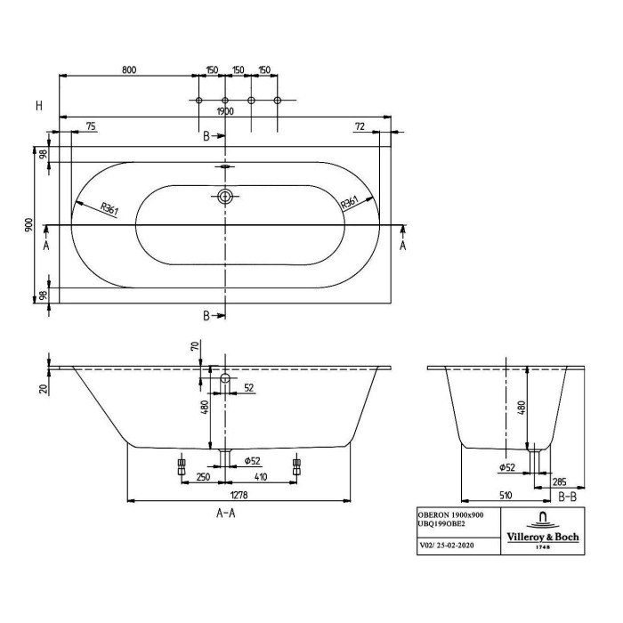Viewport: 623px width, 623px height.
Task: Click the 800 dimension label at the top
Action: pyautogui.click(x=129, y=70)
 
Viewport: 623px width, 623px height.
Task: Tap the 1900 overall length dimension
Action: pyautogui.click(x=225, y=111)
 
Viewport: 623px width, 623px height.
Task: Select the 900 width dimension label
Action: pyautogui.click(x=29, y=225)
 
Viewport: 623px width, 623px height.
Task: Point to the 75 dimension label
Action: pyautogui.click(x=91, y=126)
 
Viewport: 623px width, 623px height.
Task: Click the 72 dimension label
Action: pyautogui.click(x=360, y=126)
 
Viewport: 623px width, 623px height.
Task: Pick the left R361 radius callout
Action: pyautogui.click(x=109, y=208)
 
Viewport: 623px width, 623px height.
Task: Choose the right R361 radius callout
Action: pyautogui.click(x=350, y=203)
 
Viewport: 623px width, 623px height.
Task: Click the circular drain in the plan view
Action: pyautogui.click(x=225, y=197)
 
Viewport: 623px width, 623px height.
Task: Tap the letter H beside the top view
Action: pyautogui.click(x=39, y=106)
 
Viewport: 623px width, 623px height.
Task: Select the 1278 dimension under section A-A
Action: pyautogui.click(x=239, y=495)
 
